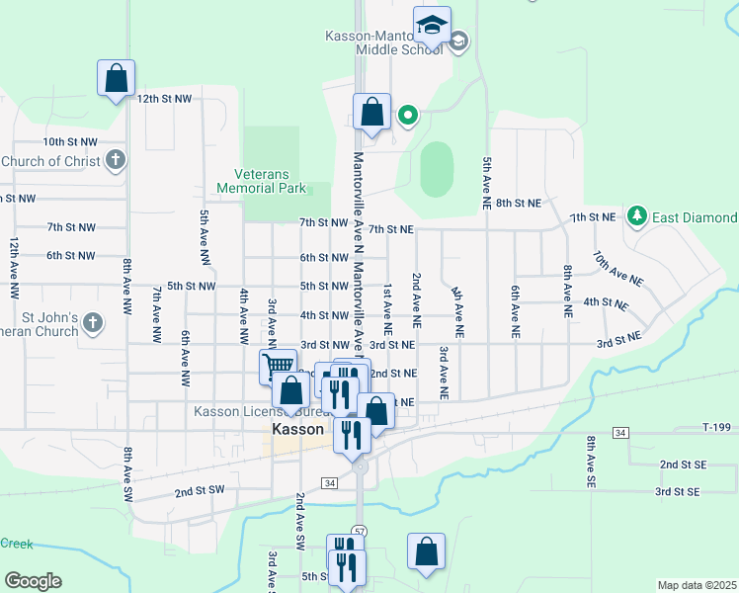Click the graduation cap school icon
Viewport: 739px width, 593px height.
pos(432,26)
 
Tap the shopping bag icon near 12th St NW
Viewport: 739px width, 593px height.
pos(116,78)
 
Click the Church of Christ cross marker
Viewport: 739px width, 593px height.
pos(116,159)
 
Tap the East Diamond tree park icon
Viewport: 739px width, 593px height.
pos(637,215)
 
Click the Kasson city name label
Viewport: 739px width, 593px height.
pos(297,430)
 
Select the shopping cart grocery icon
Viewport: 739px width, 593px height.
pos(278,367)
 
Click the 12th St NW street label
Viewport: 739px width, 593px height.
pos(164,99)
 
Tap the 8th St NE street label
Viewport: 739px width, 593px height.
pos(519,203)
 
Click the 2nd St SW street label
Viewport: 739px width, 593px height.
pos(200,490)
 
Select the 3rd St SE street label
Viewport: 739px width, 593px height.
pos(677,491)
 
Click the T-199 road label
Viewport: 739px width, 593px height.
pos(718,427)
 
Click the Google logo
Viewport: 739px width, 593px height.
pos(33,581)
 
